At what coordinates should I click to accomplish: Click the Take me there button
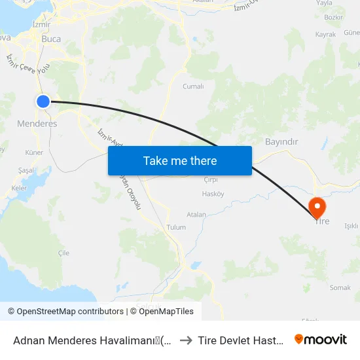[180, 160]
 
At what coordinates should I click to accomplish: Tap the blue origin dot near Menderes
[43, 101]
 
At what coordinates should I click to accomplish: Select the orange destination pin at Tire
[317, 207]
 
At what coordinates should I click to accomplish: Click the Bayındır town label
[281, 142]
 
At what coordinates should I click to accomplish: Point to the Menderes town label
[37, 123]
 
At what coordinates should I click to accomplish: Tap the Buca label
[51, 39]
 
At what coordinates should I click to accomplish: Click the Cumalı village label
[193, 86]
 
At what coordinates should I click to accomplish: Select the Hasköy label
[213, 194]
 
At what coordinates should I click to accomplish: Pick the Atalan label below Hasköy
[196, 214]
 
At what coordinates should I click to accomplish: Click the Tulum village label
[177, 227]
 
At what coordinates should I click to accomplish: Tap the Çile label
[63, 253]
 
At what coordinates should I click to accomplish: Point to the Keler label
[19, 188]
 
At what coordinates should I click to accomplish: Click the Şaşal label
[26, 170]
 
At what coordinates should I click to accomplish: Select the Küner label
[33, 153]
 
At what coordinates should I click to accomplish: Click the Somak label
[340, 287]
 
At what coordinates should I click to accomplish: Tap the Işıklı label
[351, 226]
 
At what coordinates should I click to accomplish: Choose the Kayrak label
[325, 34]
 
